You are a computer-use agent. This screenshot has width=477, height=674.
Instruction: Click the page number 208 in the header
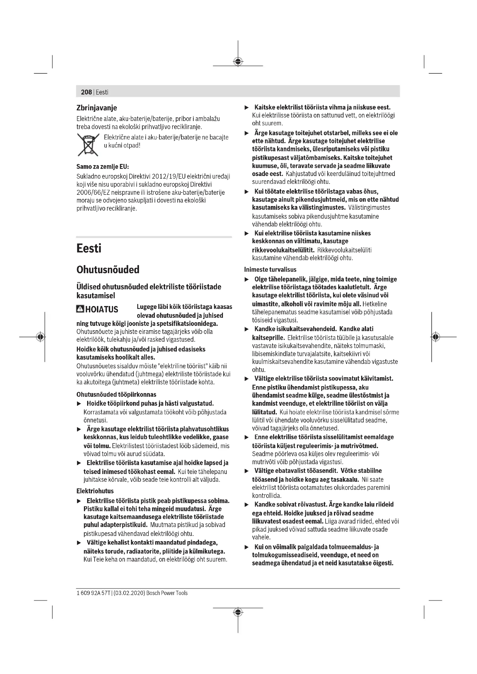(x=86, y=92)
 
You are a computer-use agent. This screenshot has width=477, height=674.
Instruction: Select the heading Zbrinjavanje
(x=97, y=108)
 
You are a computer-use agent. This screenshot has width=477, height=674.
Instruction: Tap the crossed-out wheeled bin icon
(x=88, y=144)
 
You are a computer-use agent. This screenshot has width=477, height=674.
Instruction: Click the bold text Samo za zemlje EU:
(x=102, y=167)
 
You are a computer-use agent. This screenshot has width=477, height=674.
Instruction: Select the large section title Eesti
(x=89, y=248)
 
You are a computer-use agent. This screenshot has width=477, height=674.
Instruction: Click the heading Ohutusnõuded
(x=108, y=269)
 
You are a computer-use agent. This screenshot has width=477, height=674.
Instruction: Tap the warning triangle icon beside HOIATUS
(x=80, y=309)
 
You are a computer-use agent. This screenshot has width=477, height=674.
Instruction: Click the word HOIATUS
(x=102, y=309)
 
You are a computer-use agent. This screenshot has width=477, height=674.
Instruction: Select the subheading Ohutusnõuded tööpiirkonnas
(x=116, y=394)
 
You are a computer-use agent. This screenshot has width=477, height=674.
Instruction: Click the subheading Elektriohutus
(x=95, y=491)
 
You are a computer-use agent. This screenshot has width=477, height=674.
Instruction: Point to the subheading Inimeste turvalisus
(x=270, y=269)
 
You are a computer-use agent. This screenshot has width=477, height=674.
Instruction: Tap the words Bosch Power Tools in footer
(x=167, y=593)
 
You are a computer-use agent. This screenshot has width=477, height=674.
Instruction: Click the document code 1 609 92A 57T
(x=93, y=593)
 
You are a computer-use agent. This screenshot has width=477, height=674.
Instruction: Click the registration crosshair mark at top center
(x=238, y=62)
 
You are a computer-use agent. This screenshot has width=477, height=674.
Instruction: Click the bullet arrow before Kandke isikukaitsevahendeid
(x=247, y=329)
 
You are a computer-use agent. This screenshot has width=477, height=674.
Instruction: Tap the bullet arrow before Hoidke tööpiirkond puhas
(x=79, y=404)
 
